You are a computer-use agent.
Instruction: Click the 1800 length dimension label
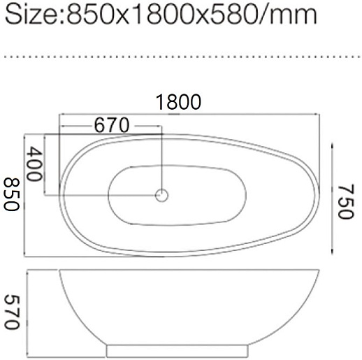click(x=178, y=102)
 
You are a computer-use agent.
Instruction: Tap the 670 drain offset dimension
click(x=111, y=125)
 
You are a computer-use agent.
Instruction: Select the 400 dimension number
click(x=35, y=164)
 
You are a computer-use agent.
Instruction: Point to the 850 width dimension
click(x=12, y=194)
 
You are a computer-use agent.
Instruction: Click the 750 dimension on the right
click(x=346, y=202)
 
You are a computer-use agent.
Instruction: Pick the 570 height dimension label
click(x=12, y=312)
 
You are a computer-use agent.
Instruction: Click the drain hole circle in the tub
click(x=161, y=195)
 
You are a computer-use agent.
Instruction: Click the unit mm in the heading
click(x=293, y=16)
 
